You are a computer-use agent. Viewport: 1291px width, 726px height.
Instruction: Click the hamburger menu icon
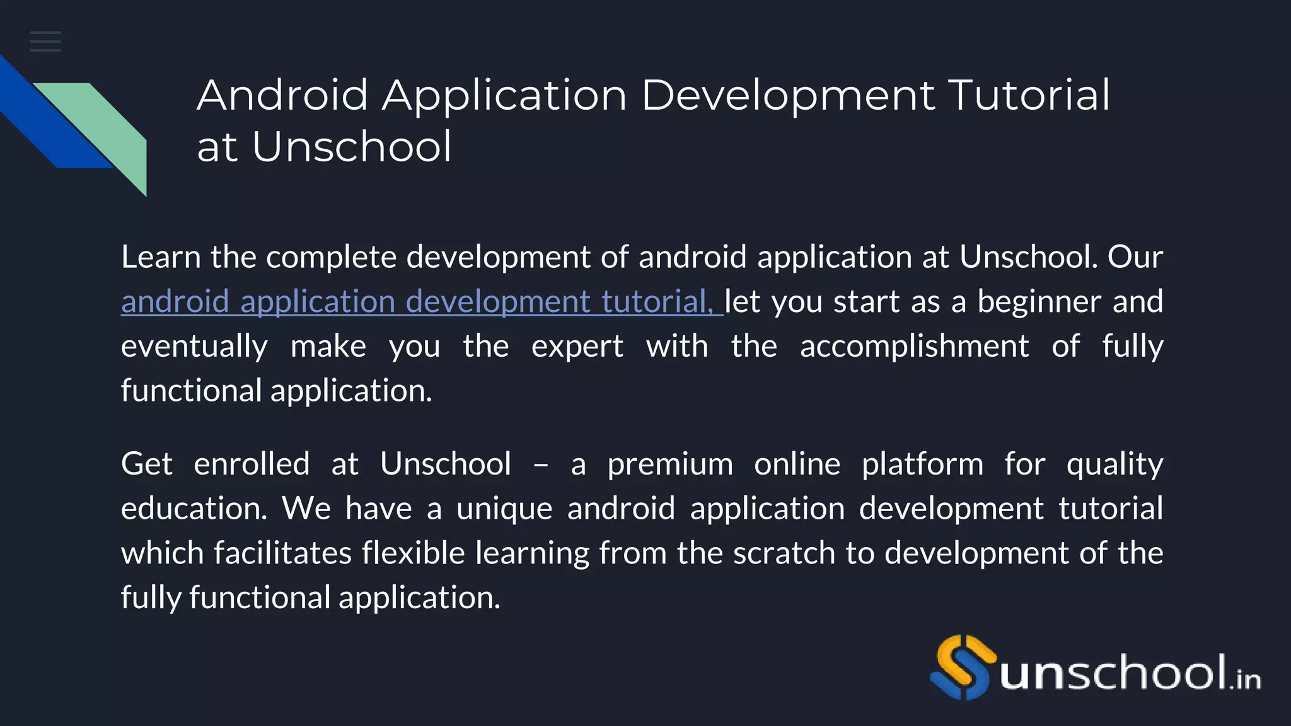[45, 42]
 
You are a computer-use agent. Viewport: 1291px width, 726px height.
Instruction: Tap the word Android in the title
[282, 96]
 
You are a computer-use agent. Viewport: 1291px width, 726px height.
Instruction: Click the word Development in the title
[788, 96]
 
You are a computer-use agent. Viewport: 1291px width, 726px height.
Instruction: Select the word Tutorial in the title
[1029, 96]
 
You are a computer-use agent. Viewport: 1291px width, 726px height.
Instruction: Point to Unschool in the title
[352, 147]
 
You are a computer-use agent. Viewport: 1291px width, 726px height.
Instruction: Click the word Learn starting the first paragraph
[160, 257]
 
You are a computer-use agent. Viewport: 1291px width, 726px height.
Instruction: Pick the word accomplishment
[914, 347]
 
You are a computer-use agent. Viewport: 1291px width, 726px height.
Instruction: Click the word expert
[577, 347]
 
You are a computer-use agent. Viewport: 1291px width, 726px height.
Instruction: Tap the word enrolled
[252, 464]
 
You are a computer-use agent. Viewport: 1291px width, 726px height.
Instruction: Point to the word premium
[670, 464]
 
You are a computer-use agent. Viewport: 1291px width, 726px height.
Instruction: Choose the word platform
[922, 464]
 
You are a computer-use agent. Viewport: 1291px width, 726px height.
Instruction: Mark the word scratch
[784, 553]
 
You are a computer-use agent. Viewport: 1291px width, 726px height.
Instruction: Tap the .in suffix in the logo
[1245, 679]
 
